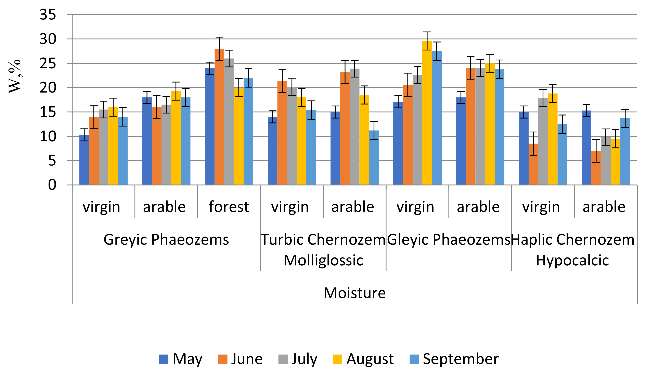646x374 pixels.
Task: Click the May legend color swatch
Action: tap(164, 359)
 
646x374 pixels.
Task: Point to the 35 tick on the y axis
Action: tap(48, 15)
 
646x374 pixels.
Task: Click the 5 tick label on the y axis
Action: tap(52, 161)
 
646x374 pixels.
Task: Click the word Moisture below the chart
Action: tap(354, 293)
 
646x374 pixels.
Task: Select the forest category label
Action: tap(229, 207)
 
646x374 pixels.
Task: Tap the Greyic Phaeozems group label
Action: tap(166, 240)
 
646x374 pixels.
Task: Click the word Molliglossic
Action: tap(323, 260)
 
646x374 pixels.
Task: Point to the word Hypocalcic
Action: tap(572, 260)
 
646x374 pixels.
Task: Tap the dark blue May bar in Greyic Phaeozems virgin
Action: tap(84, 160)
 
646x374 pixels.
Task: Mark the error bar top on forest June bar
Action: tap(219, 37)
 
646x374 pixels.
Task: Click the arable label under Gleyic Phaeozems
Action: tap(478, 207)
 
